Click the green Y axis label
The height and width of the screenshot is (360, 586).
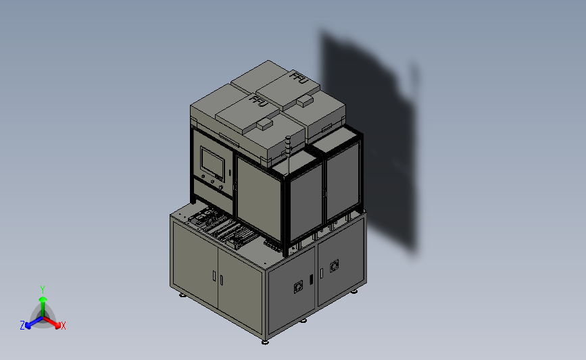click(x=42, y=290)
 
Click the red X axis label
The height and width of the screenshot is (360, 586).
click(x=63, y=326)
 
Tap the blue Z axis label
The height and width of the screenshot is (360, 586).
click(x=22, y=326)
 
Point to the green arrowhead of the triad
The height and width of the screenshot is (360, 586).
click(x=43, y=299)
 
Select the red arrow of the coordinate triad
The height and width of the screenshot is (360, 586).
click(x=51, y=323)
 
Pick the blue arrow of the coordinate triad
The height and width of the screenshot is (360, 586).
click(x=34, y=323)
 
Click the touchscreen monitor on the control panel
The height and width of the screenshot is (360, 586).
click(x=212, y=163)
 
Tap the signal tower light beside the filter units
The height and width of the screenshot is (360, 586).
click(x=288, y=146)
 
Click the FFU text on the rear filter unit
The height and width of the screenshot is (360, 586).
click(x=299, y=78)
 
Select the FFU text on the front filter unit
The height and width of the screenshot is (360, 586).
click(x=259, y=101)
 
